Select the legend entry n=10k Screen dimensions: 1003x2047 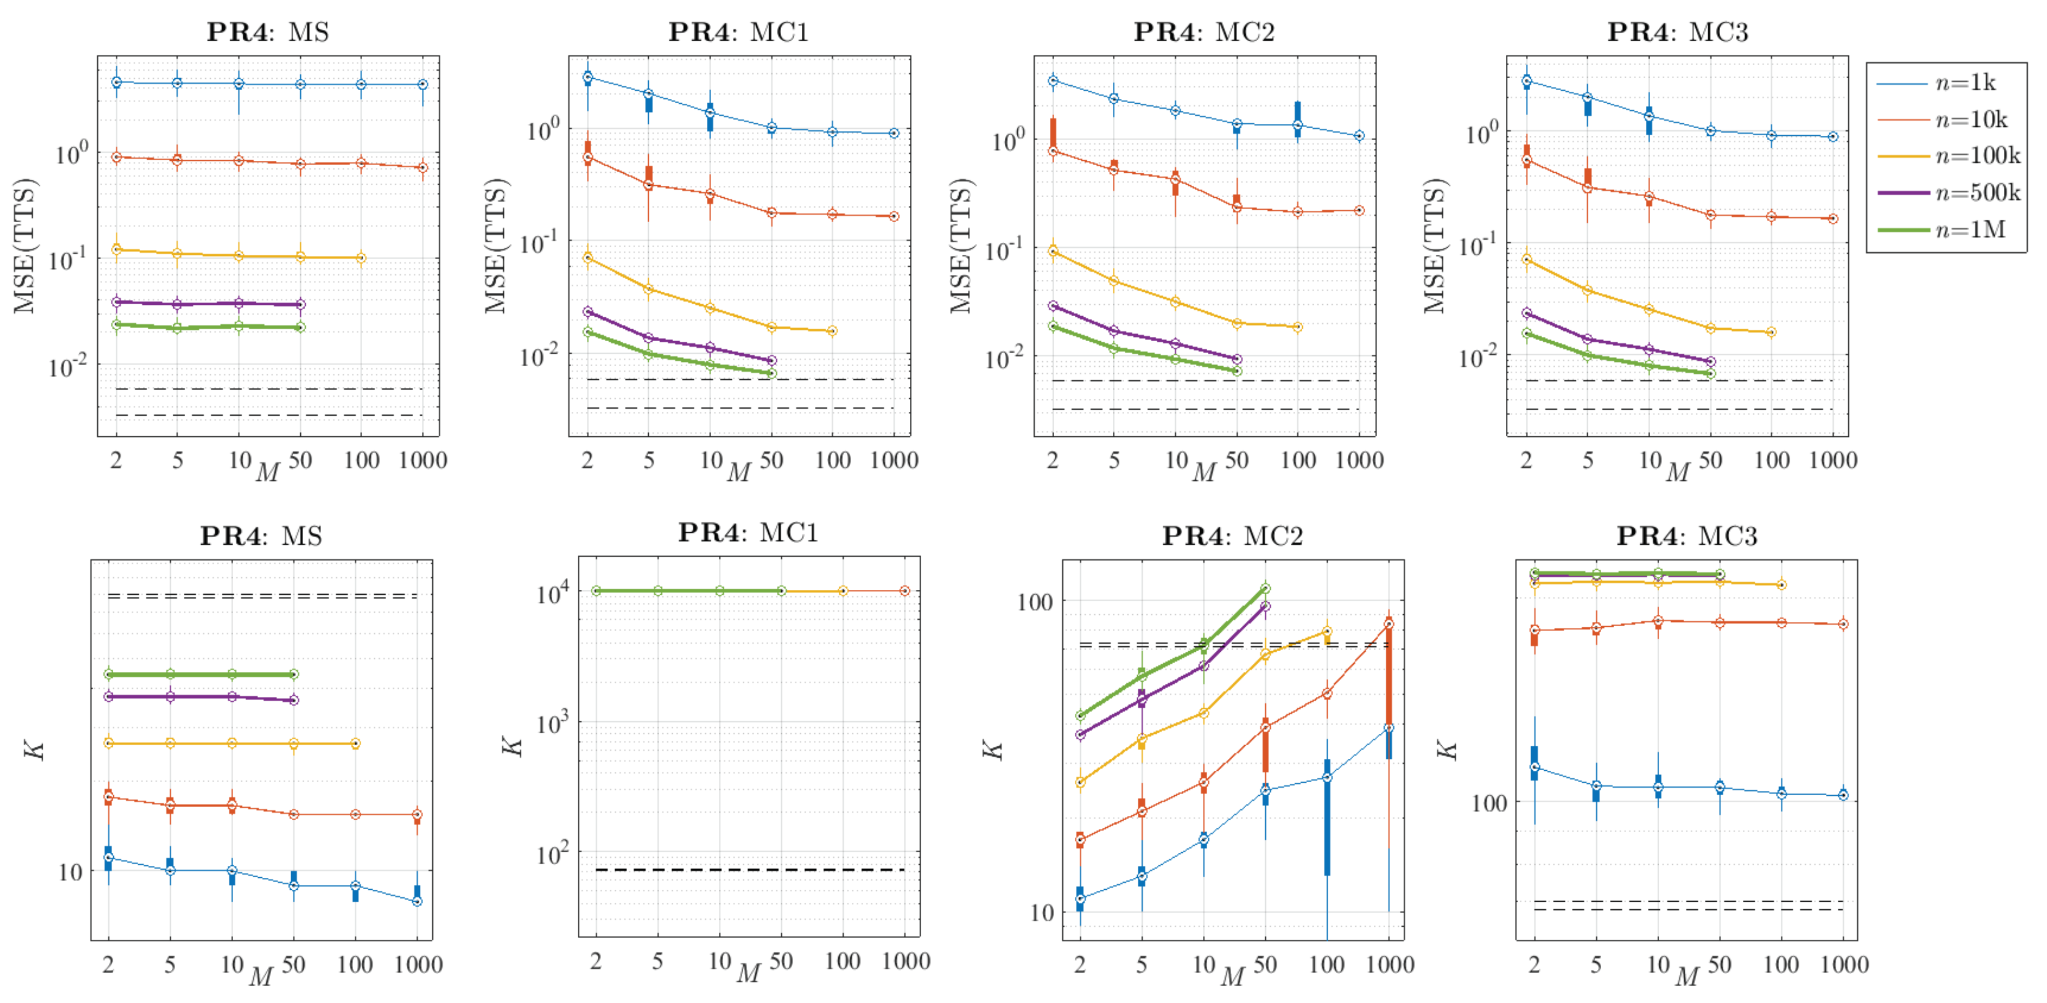tap(1971, 120)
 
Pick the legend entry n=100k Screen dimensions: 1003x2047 tap(1977, 156)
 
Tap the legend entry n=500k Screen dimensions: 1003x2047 tap(1977, 192)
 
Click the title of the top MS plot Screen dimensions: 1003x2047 tap(268, 32)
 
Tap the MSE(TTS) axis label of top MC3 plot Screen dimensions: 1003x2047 tap(1434, 246)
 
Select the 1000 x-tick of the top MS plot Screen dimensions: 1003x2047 tap(423, 460)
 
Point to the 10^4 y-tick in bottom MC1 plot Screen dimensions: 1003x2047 tap(553, 593)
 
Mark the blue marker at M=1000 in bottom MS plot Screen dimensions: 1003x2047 tap(417, 901)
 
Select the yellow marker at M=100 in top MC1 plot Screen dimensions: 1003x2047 tap(832, 331)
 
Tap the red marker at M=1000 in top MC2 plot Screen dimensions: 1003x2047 tap(1359, 211)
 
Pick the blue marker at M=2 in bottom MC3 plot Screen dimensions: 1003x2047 tap(1535, 767)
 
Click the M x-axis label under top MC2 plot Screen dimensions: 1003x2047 tap(1204, 473)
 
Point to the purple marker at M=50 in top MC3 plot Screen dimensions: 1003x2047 tap(1710, 362)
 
